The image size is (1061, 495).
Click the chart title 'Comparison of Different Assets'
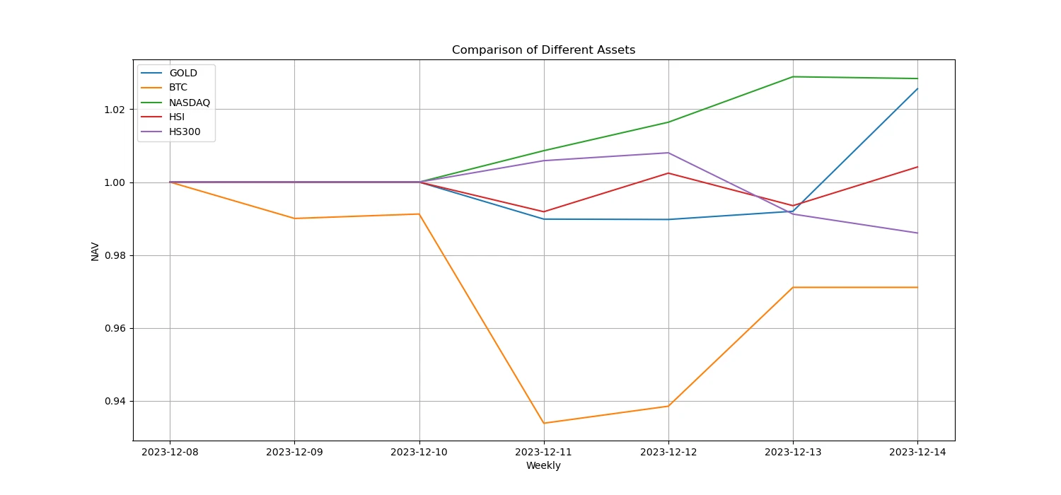pyautogui.click(x=543, y=50)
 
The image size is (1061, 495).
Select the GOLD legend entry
pyautogui.click(x=182, y=73)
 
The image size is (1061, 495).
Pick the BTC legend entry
pyautogui.click(x=178, y=88)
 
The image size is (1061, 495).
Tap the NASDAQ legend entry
pyautogui.click(x=189, y=103)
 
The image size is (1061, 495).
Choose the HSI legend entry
pyautogui.click(x=176, y=117)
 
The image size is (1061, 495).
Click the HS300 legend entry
pyautogui.click(x=184, y=132)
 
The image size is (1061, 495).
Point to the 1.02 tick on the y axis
pyautogui.click(x=116, y=110)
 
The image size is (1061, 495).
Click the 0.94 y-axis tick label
pyautogui.click(x=116, y=402)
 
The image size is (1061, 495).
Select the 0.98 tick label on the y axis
pyautogui.click(x=116, y=255)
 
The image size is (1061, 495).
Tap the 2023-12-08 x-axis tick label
pyautogui.click(x=170, y=451)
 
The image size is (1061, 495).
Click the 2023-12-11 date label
pyautogui.click(x=543, y=451)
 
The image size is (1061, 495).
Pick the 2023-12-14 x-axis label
pyautogui.click(x=917, y=451)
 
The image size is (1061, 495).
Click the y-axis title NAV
pyautogui.click(x=95, y=251)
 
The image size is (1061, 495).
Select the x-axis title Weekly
pyautogui.click(x=543, y=465)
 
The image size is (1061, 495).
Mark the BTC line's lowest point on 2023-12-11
pyautogui.click(x=543, y=423)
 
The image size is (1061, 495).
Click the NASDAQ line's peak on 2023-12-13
pyautogui.click(x=793, y=76)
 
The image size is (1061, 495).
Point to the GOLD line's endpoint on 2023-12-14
pyautogui.click(x=917, y=88)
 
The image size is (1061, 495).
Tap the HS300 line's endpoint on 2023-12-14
pyautogui.click(x=917, y=233)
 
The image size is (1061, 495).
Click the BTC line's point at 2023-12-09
pyautogui.click(x=294, y=219)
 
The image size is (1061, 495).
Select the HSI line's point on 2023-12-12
pyautogui.click(x=668, y=173)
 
